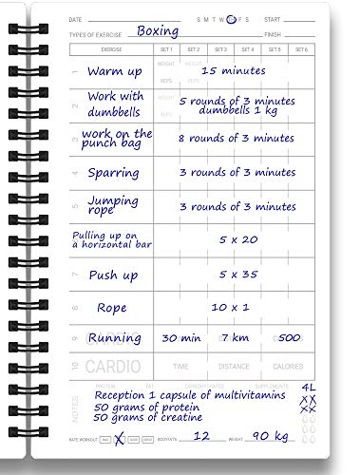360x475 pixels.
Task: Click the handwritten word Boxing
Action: click(158, 30)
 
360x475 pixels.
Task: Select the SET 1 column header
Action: click(167, 48)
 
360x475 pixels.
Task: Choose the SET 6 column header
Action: click(302, 48)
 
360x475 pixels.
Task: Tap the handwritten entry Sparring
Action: click(113, 174)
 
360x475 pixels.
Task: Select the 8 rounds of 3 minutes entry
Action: click(237, 138)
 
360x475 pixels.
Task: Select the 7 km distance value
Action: click(235, 337)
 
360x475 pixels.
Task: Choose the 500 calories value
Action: click(290, 337)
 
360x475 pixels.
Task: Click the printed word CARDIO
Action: click(113, 366)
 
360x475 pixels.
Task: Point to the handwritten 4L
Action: click(307, 386)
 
